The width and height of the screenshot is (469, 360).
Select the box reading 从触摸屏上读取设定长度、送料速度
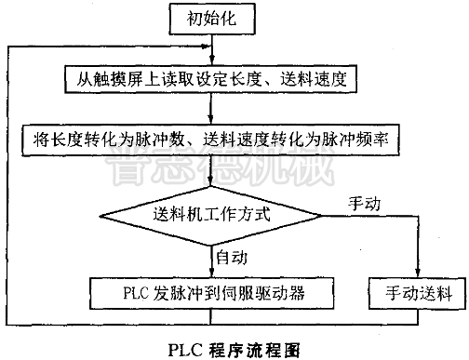[x=212, y=79]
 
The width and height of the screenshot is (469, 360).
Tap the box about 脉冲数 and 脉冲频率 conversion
[x=213, y=140]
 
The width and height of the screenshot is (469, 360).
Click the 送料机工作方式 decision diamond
[x=213, y=213]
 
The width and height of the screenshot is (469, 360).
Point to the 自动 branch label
[x=233, y=255]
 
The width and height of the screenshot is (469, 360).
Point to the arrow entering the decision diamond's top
[x=213, y=174]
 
